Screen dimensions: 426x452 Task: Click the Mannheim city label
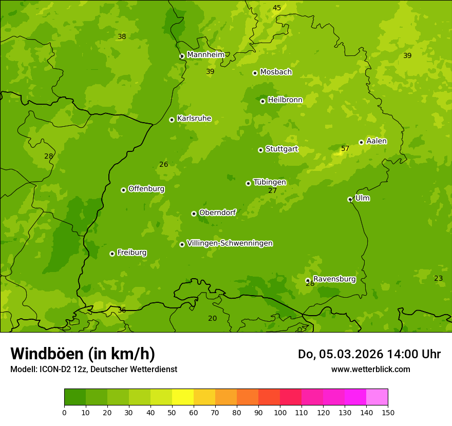tap(205, 55)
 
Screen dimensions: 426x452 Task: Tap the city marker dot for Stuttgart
tap(260, 150)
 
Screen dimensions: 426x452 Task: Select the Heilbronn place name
tap(285, 100)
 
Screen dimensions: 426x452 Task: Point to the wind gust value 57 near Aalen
tap(345, 149)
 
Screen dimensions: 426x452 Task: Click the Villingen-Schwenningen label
tap(230, 243)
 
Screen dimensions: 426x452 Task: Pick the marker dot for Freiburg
tap(112, 254)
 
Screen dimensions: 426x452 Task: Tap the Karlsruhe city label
tap(194, 119)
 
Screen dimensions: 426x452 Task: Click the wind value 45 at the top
tap(277, 8)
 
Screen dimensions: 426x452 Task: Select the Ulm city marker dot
tap(350, 199)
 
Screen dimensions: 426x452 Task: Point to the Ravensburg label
tap(334, 279)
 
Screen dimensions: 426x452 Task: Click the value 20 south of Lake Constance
tap(212, 318)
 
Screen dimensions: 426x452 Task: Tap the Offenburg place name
tap(146, 189)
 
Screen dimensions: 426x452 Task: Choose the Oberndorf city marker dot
tap(194, 214)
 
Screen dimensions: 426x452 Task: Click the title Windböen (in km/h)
tap(83, 354)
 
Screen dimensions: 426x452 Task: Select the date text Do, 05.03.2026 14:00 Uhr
tap(369, 354)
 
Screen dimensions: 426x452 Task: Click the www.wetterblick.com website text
tap(370, 369)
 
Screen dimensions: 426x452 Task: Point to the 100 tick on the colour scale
tap(280, 412)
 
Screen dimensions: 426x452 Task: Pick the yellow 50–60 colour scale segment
tap(183, 397)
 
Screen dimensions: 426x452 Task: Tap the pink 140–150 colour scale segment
tap(377, 397)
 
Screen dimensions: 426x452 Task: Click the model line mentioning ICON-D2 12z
tap(93, 369)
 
